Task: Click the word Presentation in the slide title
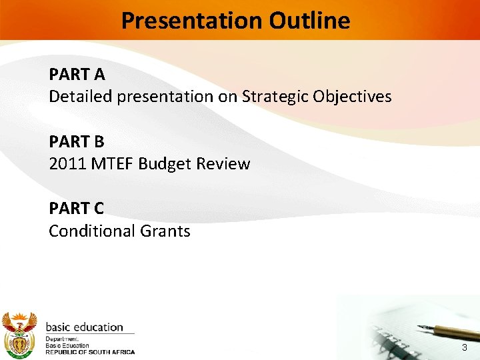(x=192, y=21)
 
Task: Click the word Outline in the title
(x=309, y=21)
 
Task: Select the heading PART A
(x=77, y=74)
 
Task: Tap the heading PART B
(x=77, y=141)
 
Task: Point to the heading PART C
(x=77, y=209)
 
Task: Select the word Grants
(x=165, y=231)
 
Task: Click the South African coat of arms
(x=19, y=335)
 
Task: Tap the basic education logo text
(x=85, y=327)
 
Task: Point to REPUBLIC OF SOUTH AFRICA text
(x=90, y=352)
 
